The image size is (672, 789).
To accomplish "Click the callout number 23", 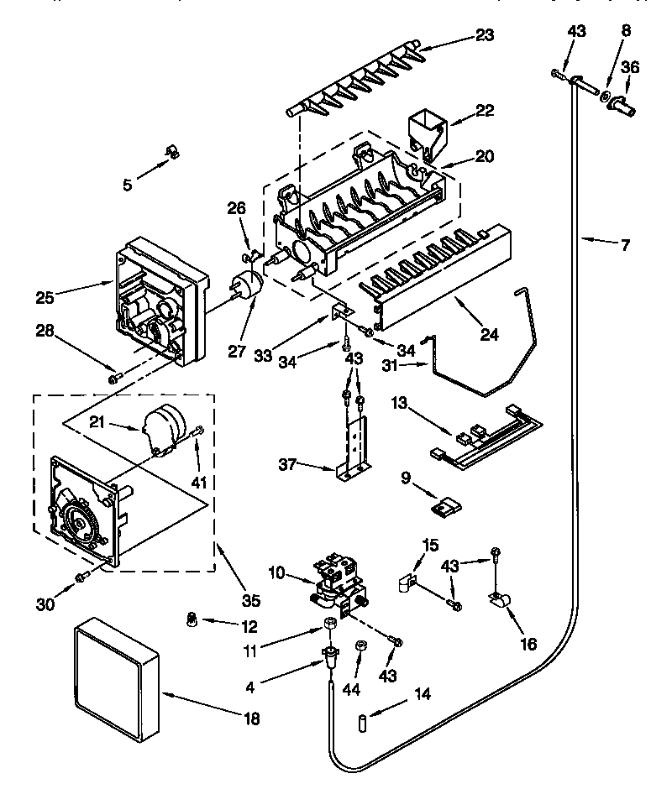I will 485,35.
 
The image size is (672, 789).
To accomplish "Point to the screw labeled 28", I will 115,378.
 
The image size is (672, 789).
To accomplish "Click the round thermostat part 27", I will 246,287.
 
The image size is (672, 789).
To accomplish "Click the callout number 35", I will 249,600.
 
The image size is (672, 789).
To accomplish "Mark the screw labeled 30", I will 81,577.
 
